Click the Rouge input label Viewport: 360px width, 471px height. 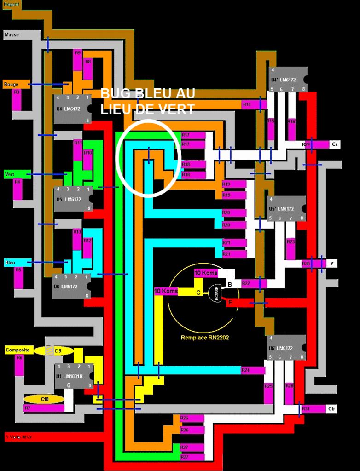tap(12, 84)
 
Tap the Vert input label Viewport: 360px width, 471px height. tap(10, 174)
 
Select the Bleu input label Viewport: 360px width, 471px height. tap(11, 263)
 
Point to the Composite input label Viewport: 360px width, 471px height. tap(18, 350)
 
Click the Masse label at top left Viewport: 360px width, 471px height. tap(12, 34)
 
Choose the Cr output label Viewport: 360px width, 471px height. tap(336, 144)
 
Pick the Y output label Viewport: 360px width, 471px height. tap(332, 264)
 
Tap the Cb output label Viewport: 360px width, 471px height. tap(332, 408)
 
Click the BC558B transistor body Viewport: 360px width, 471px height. tap(216, 293)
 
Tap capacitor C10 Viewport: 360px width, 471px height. tap(43, 399)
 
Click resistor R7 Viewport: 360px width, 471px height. tap(44, 408)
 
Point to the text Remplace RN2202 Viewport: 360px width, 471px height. tap(205, 338)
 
